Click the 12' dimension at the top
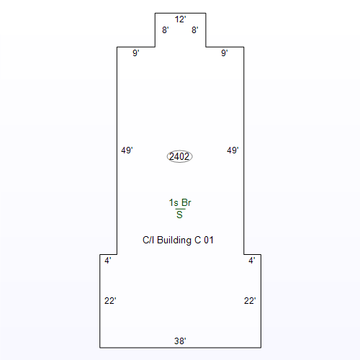[180, 19]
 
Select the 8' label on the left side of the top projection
[166, 30]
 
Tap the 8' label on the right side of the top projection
[195, 30]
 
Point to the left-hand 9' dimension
[136, 53]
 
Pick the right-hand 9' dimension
[225, 53]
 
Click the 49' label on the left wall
[127, 150]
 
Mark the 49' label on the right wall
[233, 150]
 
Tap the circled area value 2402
[179, 157]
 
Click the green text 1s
[174, 203]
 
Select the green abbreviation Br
[186, 203]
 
